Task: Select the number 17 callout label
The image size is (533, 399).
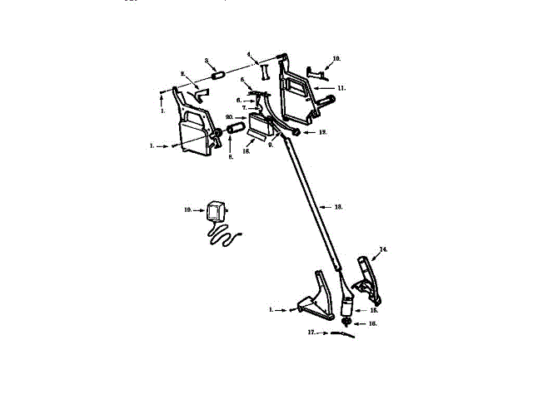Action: point(311,333)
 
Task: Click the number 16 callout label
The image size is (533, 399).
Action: point(372,323)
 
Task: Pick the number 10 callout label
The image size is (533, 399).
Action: point(336,59)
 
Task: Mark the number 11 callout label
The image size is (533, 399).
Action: point(342,86)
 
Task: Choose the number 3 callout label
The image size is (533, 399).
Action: point(207,61)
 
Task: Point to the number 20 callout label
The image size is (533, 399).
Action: point(229,117)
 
